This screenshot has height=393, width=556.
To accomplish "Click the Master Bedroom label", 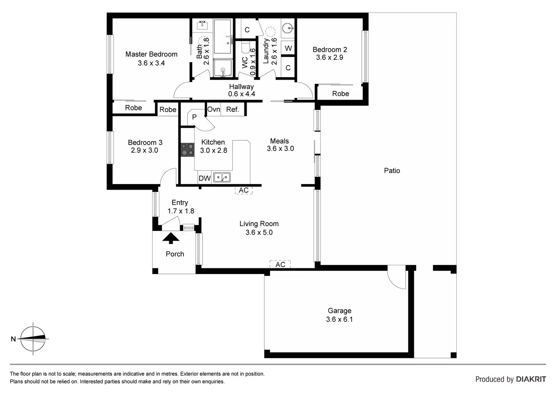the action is click(151, 54).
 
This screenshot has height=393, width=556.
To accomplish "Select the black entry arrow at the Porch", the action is click(171, 238).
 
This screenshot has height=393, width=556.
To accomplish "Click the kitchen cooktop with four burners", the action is click(186, 149).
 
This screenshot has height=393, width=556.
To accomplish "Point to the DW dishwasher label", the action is click(205, 178).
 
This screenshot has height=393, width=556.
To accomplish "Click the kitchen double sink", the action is click(222, 177).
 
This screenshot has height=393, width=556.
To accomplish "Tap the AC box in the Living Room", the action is click(280, 265).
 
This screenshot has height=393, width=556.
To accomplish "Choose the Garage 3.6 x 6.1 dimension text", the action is click(339, 319).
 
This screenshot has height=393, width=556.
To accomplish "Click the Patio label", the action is click(392, 171).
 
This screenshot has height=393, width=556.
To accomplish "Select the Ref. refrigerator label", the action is click(232, 110).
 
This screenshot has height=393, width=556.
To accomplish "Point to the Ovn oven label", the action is click(213, 109).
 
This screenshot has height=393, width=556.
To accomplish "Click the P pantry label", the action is click(194, 117).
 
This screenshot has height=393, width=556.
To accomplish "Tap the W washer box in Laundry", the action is click(288, 48).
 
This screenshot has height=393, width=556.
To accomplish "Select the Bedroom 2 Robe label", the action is click(340, 94).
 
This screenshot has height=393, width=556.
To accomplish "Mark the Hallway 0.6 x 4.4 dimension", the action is click(241, 94).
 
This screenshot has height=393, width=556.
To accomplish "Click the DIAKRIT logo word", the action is click(531, 379).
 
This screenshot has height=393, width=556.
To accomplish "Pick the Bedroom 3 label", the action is click(145, 142).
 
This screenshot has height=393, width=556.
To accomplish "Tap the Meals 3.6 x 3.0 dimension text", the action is click(280, 149).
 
